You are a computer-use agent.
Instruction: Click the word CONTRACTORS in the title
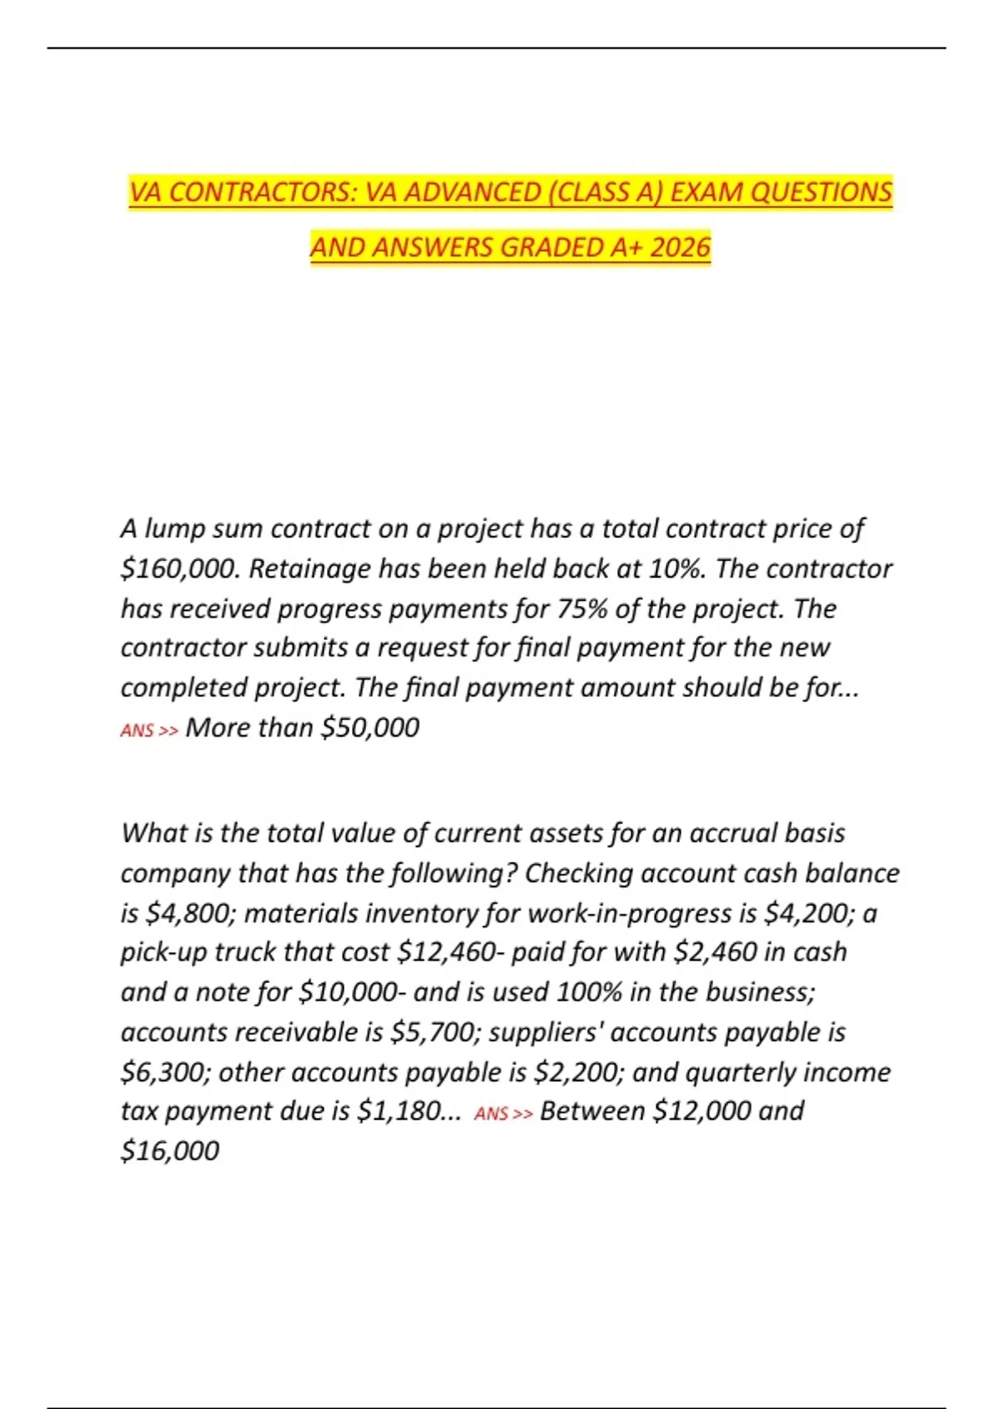coord(263,192)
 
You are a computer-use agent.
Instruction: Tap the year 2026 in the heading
coord(680,247)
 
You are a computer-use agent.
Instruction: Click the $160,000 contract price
coord(178,569)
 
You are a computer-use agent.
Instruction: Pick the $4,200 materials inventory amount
coord(809,913)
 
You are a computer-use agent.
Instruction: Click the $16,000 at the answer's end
coord(170,1150)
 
